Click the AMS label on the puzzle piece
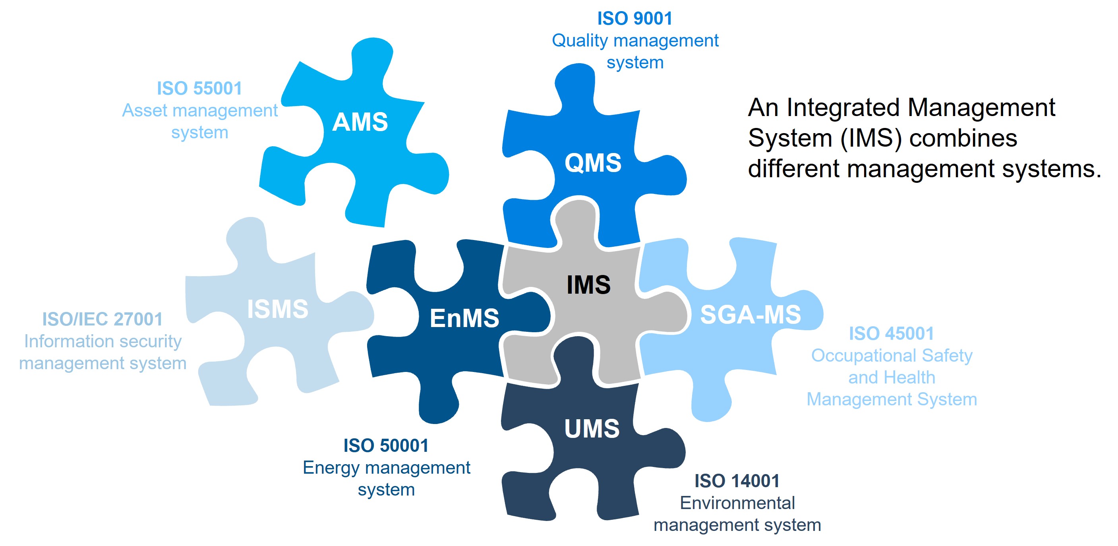pos(360,122)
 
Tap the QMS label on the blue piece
pos(593,163)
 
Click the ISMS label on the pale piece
pos(278,309)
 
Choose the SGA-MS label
pos(750,314)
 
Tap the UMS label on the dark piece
pos(592,428)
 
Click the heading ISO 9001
pos(634,18)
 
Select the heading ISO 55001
pos(199,88)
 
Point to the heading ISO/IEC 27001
pos(103,319)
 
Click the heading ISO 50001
pos(386,445)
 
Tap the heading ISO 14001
pos(737,480)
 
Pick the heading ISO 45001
pos(892,333)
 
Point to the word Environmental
pos(737,503)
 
